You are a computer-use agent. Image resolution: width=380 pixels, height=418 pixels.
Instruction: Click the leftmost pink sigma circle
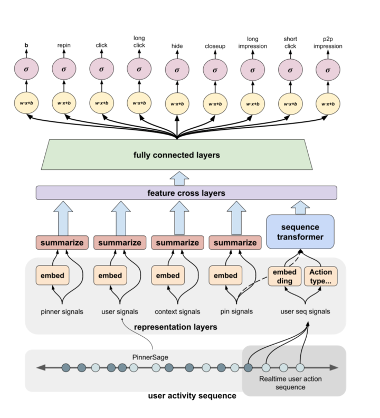coord(26,69)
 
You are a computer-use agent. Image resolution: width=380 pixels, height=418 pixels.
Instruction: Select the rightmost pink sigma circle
coord(328,69)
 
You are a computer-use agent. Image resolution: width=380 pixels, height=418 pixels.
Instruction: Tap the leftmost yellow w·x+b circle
coord(26,103)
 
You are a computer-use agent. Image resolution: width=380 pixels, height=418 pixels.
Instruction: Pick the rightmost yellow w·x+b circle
coord(328,103)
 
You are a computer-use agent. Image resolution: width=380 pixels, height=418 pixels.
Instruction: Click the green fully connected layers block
coord(176,155)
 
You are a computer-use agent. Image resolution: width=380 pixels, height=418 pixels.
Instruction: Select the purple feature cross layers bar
coord(186,193)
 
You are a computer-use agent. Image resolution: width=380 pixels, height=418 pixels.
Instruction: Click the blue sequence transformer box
coord(300,231)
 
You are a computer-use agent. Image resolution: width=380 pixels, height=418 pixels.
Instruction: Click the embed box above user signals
coord(110,275)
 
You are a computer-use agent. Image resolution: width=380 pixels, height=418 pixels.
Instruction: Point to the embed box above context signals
coord(168,275)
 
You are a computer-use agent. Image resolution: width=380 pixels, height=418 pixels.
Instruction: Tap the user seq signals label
coord(306,311)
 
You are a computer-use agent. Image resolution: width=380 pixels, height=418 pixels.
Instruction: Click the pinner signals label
coord(61,311)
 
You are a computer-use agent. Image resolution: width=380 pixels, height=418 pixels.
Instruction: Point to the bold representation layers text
coord(175,327)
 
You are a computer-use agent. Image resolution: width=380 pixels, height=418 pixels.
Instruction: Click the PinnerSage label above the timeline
coord(150,357)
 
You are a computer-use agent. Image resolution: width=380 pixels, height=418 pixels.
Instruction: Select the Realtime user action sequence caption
coord(290,383)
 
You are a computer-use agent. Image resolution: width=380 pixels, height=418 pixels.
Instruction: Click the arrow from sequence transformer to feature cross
coord(300,207)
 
